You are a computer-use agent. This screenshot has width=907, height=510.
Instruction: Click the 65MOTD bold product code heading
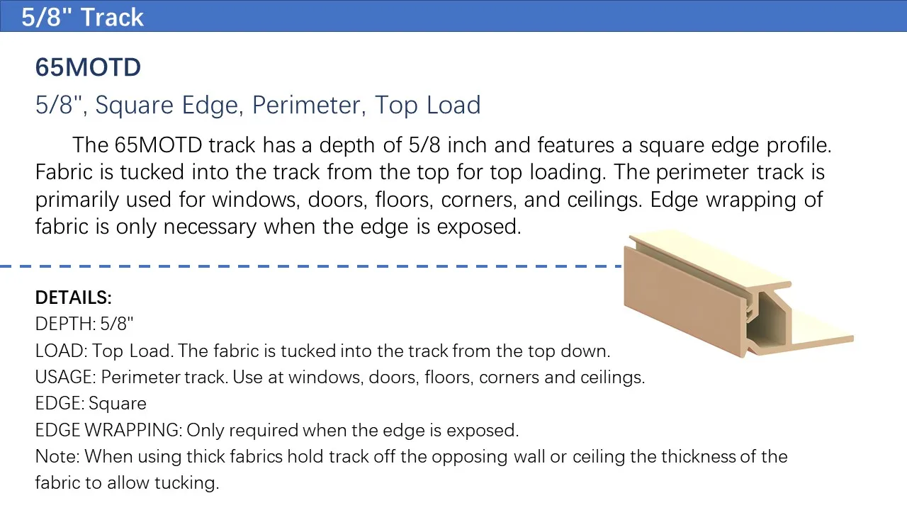pos(88,67)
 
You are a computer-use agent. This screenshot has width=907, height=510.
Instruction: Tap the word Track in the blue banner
pos(112,17)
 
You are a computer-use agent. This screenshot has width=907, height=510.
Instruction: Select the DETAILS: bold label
pos(73,297)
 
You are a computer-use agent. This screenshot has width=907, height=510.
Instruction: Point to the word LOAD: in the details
pos(61,351)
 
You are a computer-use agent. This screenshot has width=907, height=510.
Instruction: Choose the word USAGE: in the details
pos(65,377)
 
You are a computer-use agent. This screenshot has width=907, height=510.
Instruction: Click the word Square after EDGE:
pos(118,404)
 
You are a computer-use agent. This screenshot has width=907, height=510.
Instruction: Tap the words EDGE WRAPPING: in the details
pos(108,430)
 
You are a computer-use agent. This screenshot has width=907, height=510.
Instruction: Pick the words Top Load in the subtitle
pos(427,106)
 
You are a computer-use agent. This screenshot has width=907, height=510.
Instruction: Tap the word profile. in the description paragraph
pos(799,146)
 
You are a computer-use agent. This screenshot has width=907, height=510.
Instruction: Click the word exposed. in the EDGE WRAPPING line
pos(483,431)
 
